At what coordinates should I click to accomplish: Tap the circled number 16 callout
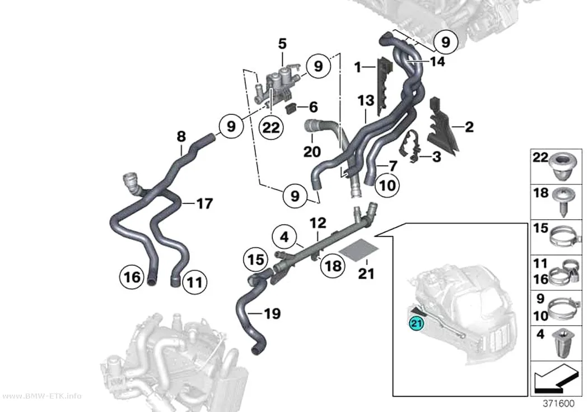(x=132, y=277)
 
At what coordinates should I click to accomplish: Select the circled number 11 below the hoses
(x=195, y=282)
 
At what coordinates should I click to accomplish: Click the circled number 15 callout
(x=256, y=260)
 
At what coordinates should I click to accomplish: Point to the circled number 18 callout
(x=333, y=266)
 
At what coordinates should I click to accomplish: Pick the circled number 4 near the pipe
(x=284, y=237)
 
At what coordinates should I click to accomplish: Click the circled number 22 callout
(x=271, y=128)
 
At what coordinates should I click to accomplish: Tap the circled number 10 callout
(x=388, y=185)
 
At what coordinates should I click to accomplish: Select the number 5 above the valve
(x=282, y=44)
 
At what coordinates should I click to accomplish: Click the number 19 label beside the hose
(x=272, y=313)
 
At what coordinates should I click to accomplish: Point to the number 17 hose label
(x=205, y=203)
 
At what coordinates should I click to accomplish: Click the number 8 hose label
(x=181, y=137)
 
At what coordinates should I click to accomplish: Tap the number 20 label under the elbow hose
(x=312, y=151)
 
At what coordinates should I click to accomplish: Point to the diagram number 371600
(x=559, y=404)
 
